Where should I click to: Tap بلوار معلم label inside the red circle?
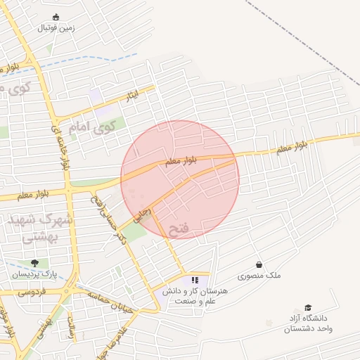click(181, 161)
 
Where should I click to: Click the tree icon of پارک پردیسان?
click(34, 263)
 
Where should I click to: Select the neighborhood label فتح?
click(179, 228)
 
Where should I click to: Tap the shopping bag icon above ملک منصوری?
click(259, 264)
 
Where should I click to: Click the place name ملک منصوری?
click(259, 276)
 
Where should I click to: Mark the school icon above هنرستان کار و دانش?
click(195, 280)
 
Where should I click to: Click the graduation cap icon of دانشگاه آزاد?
click(307, 307)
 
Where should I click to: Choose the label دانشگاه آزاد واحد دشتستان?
click(307, 323)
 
